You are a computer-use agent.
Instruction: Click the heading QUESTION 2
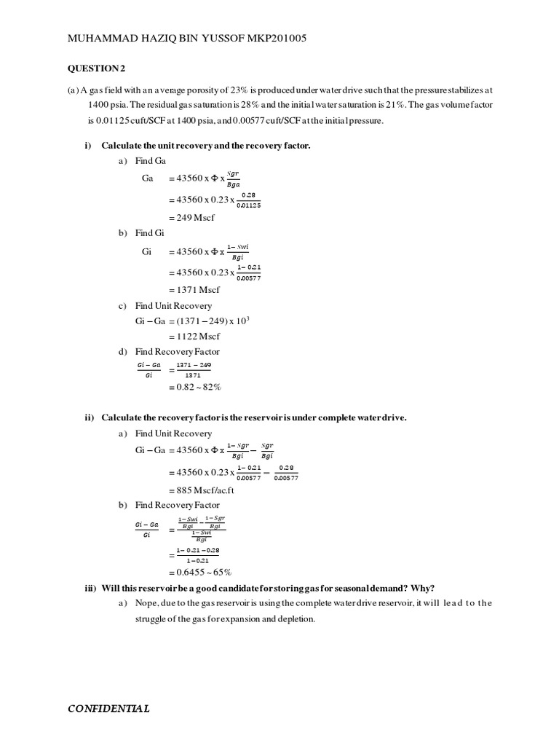[x=97, y=68]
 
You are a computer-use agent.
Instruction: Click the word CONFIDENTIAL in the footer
[x=109, y=708]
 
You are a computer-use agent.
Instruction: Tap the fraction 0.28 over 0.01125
[x=250, y=200]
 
